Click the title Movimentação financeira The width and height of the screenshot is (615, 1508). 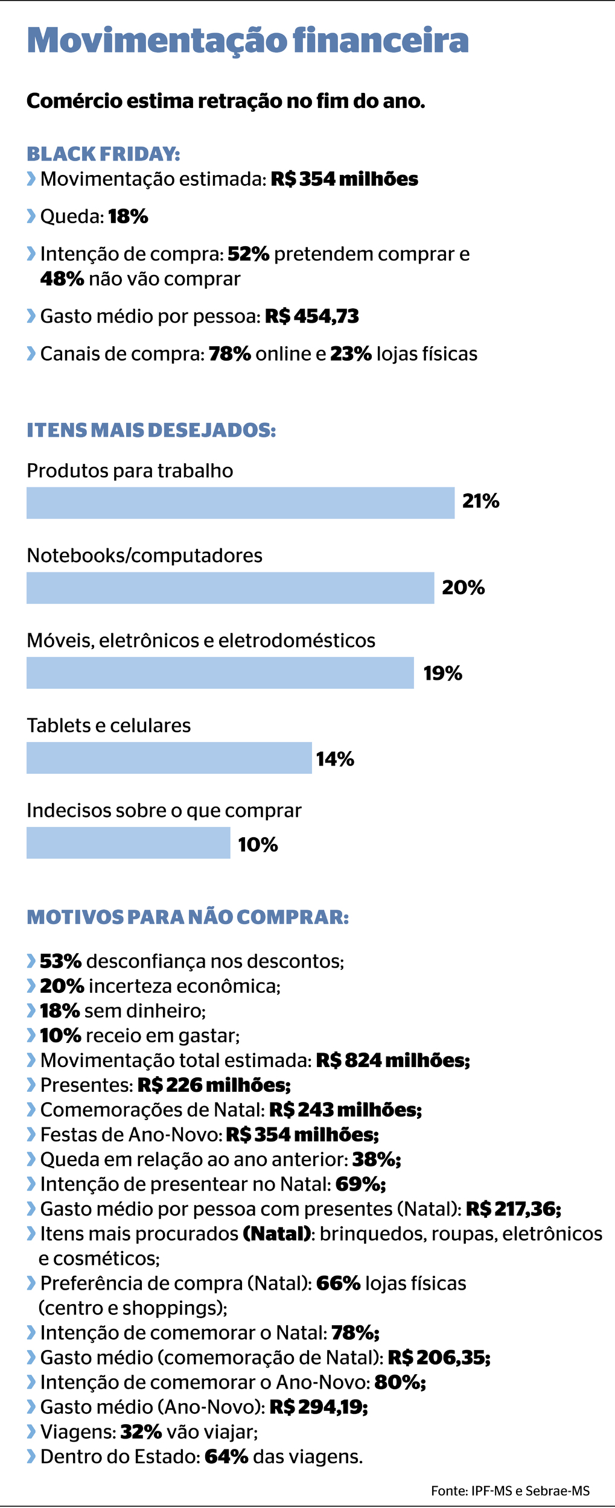pyautogui.click(x=247, y=40)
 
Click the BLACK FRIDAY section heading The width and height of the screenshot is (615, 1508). pyautogui.click(x=103, y=154)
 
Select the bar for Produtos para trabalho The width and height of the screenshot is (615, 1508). pyautogui.click(x=240, y=502)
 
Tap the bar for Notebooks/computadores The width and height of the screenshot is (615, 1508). pyautogui.click(x=230, y=588)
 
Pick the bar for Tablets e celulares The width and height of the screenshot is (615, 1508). pyautogui.click(x=169, y=758)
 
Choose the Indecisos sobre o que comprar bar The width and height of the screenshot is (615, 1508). pyautogui.click(x=128, y=843)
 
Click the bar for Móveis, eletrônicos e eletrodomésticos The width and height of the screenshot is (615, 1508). pyautogui.click(x=220, y=673)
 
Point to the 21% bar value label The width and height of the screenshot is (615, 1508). pyautogui.click(x=480, y=501)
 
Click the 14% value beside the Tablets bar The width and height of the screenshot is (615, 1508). pyautogui.click(x=335, y=759)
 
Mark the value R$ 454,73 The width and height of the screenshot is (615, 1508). pyautogui.click(x=312, y=316)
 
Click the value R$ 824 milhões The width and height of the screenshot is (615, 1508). pyautogui.click(x=393, y=1060)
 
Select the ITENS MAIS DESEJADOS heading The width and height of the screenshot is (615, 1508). pyautogui.click(x=151, y=430)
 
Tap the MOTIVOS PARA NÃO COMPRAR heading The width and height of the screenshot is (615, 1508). pyautogui.click(x=188, y=917)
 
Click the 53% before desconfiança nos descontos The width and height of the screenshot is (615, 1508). pyautogui.click(x=61, y=961)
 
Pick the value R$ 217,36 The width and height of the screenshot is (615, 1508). pyautogui.click(x=514, y=1209)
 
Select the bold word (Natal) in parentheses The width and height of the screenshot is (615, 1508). pyautogui.click(x=277, y=1234)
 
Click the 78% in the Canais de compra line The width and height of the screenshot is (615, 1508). pyautogui.click(x=230, y=353)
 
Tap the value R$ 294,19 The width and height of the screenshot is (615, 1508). pyautogui.click(x=318, y=1407)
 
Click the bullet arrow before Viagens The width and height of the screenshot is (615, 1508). pyautogui.click(x=31, y=1431)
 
